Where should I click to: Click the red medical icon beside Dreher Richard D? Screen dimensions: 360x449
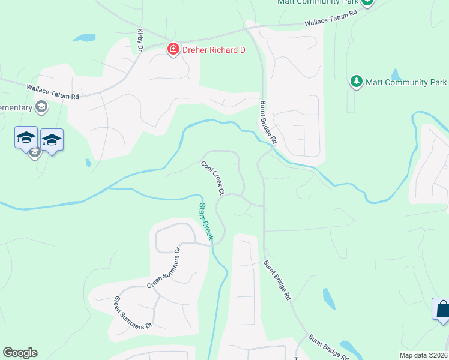click(173, 49)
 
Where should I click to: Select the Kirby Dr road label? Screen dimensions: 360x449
click(140, 39)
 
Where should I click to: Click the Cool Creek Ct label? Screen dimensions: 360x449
click(212, 178)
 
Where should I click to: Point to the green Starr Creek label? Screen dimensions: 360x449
click(206, 221)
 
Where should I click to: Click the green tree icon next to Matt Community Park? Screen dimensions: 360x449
click(356, 82)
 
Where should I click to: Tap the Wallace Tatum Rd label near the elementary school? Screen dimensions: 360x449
click(53, 92)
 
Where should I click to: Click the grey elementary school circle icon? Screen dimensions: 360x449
click(41, 107)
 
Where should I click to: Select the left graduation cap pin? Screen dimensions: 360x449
click(26, 137)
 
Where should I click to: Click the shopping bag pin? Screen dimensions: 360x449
click(442, 310)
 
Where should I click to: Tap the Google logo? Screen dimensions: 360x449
click(20, 353)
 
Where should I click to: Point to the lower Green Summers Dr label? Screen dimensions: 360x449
click(133, 313)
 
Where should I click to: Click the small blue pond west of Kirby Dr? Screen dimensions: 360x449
click(84, 38)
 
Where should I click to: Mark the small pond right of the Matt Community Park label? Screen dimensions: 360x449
click(396, 74)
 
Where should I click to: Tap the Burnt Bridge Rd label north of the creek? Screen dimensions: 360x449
click(268, 122)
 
